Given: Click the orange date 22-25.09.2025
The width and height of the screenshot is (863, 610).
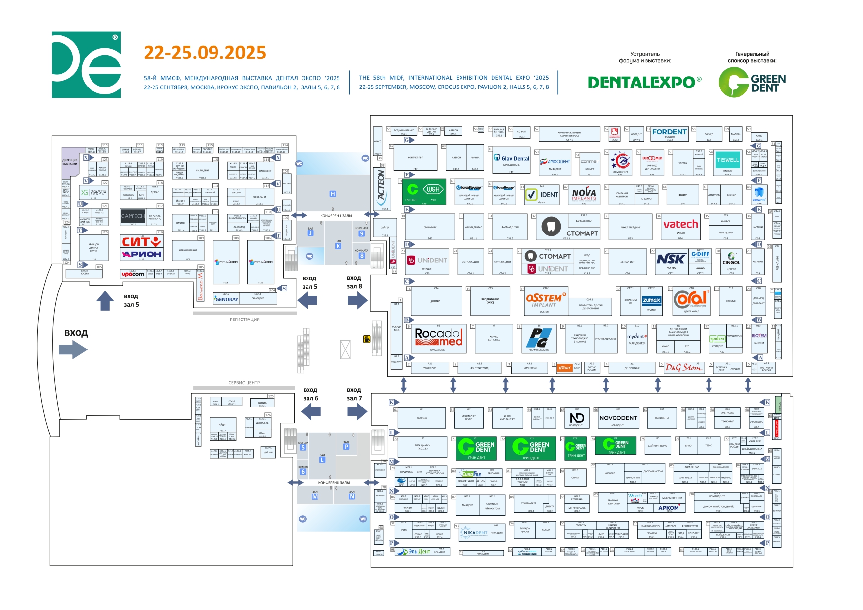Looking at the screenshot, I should point(205,53).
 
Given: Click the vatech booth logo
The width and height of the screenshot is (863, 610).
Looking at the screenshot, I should point(680,225).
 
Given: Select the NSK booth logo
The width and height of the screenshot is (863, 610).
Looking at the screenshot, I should point(671,259).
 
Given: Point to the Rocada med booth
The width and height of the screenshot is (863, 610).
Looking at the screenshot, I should point(438,337).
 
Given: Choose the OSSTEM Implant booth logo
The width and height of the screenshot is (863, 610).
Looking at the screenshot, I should point(546,300).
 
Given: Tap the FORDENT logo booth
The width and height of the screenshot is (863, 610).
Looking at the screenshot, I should point(669,132).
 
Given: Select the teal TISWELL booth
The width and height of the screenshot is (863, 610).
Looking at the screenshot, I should point(728,160).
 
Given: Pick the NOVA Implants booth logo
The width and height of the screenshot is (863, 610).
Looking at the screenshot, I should point(584,194).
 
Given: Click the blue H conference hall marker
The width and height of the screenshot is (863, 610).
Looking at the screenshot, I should point(333,194).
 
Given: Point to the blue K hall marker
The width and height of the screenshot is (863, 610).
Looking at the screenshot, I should point(338,246).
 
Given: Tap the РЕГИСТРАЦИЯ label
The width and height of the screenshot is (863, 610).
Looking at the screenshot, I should point(245,320).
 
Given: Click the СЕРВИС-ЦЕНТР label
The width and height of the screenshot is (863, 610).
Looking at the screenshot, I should point(244,383).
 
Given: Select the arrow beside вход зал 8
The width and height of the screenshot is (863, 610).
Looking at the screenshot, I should point(357,300).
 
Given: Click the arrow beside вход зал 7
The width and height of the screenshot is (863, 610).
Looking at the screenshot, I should point(357,411).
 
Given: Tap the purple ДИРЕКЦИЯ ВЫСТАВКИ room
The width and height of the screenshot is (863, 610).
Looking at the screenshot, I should point(70,162).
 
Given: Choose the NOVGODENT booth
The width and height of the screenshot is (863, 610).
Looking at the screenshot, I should point(618,418).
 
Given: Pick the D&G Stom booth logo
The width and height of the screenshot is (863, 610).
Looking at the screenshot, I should point(683,367).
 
